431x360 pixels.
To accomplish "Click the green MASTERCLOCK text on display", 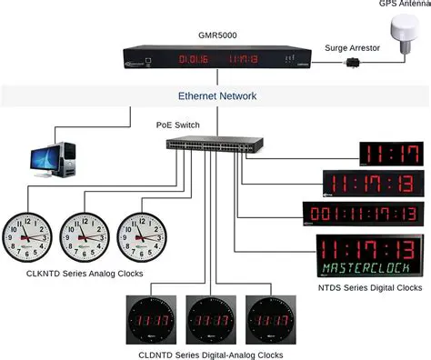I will click(369, 267).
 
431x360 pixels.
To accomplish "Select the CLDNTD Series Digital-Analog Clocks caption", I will click(213, 354).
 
